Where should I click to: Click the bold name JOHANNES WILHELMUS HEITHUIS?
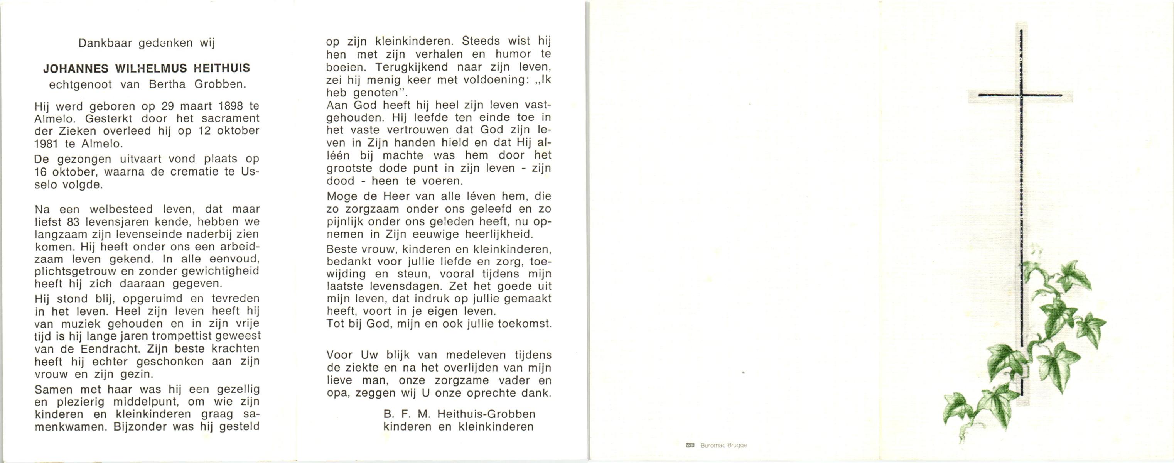pos(146,68)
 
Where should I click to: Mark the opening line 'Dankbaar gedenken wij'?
pos(146,43)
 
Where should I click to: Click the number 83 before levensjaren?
pos(73,222)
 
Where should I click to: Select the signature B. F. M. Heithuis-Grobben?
pos(459,414)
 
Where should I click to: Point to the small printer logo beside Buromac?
pos(690,445)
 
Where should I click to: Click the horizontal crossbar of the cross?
pos(1020,95)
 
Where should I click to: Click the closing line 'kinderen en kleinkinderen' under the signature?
pos(459,427)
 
